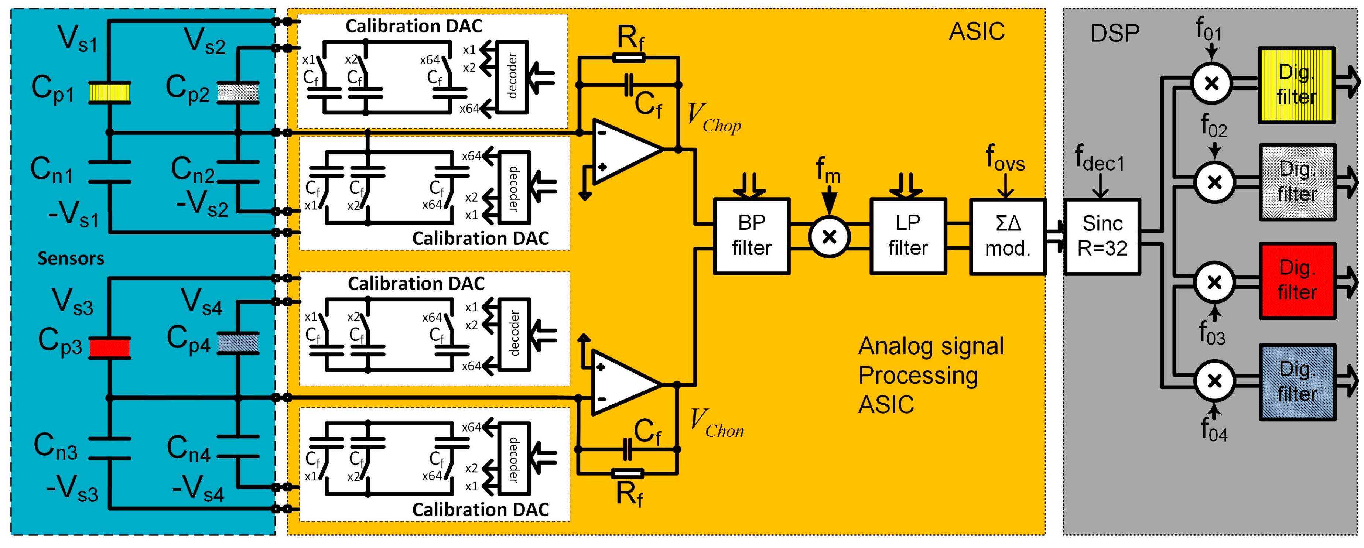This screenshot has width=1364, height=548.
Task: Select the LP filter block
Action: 907,236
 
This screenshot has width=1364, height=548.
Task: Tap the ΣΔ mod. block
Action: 1007,236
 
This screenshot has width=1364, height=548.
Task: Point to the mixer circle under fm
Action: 829,237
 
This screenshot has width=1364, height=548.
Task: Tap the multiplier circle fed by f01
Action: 1211,83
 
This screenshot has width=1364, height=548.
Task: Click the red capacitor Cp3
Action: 109,348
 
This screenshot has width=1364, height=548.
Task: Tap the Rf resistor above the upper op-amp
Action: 629,57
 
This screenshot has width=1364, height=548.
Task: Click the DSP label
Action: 1115,33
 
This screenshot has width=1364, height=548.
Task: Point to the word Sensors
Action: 71,258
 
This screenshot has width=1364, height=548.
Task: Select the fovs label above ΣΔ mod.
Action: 1005,158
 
